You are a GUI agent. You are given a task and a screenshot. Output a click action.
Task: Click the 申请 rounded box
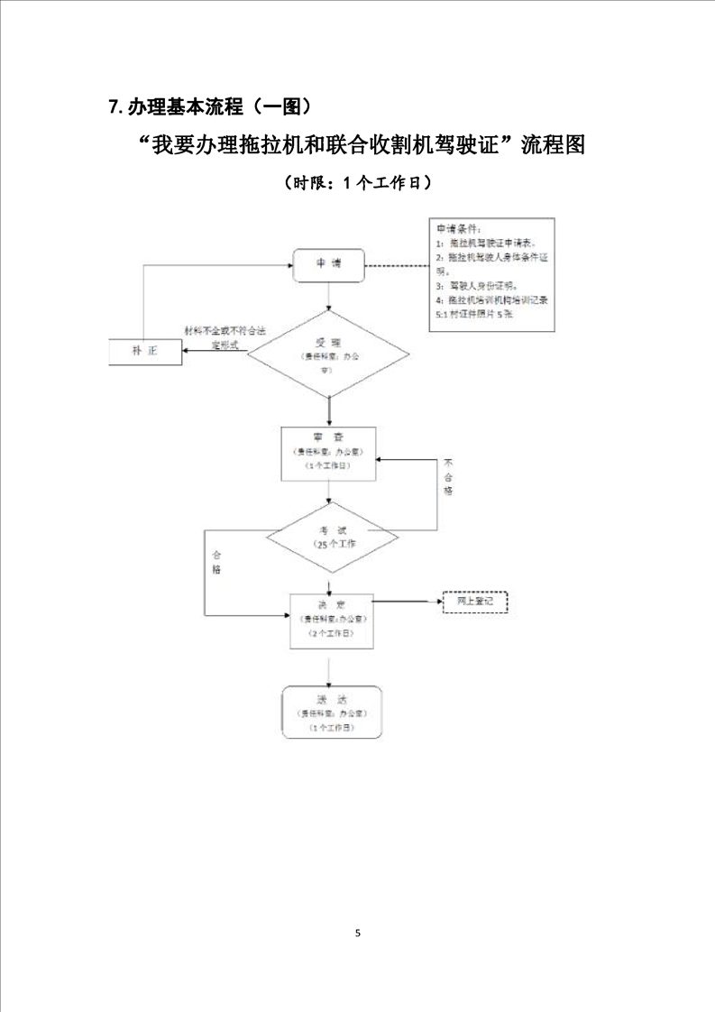328,263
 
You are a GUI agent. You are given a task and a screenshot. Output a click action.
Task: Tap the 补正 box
145,352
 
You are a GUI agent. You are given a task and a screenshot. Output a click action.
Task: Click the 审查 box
329,453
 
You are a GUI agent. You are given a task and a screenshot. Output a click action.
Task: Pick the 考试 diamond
329,538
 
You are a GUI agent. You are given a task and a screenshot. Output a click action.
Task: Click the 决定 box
329,620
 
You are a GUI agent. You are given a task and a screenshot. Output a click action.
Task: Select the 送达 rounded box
331,712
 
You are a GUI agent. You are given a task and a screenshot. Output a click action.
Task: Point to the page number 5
358,932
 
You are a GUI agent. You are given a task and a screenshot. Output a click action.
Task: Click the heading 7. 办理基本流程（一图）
210,107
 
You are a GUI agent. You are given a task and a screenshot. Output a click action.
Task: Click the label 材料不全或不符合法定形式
225,337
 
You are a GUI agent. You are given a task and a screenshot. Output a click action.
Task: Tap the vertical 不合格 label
448,477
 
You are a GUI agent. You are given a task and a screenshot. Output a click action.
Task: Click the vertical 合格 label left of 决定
216,562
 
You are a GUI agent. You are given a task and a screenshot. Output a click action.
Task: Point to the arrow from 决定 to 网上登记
406,601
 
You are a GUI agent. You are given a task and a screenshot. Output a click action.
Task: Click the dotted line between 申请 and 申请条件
397,266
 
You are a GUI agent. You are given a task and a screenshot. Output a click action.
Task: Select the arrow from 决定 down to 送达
329,667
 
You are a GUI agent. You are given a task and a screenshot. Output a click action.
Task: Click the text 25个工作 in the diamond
335,545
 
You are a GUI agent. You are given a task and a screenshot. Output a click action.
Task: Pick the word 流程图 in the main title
553,144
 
